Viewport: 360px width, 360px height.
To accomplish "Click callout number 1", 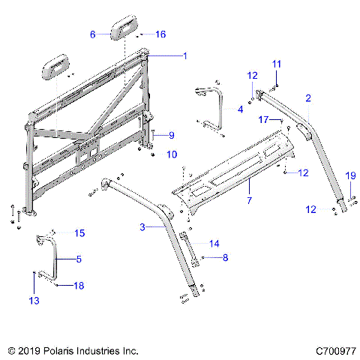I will [x=185, y=55].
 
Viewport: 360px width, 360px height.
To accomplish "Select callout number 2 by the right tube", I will [x=307, y=97].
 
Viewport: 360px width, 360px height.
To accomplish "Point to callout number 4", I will [x=240, y=109].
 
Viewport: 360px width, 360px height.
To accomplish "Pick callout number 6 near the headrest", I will [x=93, y=34].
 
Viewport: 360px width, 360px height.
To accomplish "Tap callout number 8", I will [x=225, y=257].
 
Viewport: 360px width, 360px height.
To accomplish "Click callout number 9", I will [x=171, y=135].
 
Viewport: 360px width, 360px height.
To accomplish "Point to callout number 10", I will [x=172, y=154].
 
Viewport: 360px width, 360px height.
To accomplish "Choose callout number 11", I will [x=276, y=65].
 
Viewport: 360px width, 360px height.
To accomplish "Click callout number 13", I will [x=32, y=300].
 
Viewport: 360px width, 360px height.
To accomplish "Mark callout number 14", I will [x=214, y=243].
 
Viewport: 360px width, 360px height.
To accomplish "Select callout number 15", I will [x=79, y=233].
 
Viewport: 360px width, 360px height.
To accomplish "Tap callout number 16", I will [x=160, y=34].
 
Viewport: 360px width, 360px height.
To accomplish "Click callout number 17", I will [x=263, y=119].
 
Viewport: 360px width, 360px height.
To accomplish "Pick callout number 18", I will [x=78, y=285].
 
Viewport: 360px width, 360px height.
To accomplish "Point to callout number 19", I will [x=349, y=175].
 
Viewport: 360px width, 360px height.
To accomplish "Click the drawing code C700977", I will [x=335, y=350].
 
